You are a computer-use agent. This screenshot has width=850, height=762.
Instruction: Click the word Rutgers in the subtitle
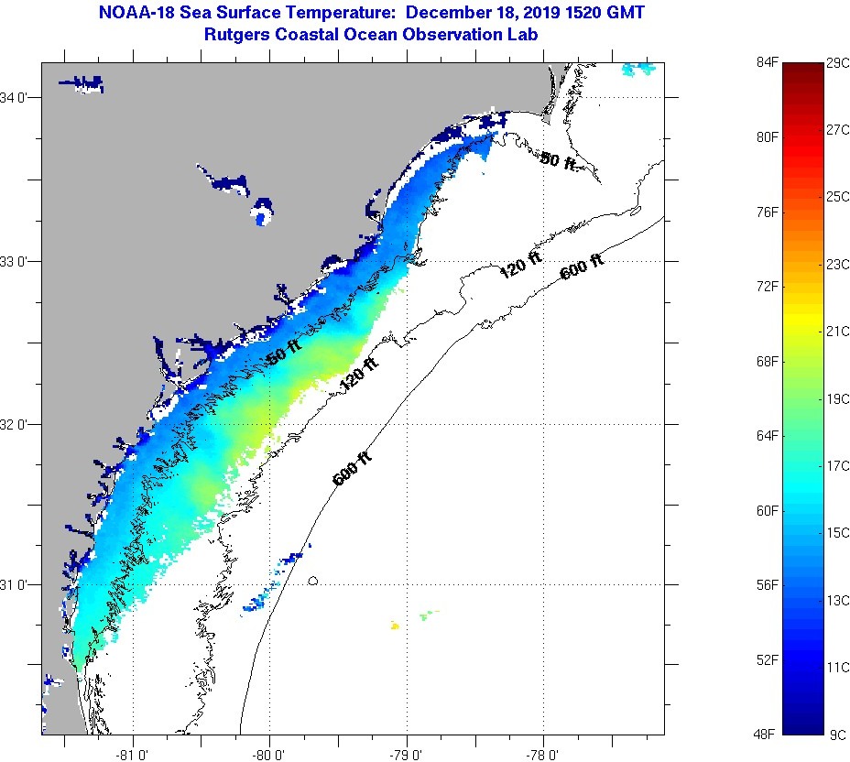(x=243, y=34)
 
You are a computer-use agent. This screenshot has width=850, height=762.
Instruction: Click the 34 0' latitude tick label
(x=19, y=97)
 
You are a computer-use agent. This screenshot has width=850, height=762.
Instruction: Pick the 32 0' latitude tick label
(x=19, y=424)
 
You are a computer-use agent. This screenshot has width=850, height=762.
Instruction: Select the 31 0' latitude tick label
(x=19, y=584)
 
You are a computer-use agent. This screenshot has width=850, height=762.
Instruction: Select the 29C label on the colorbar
(x=838, y=62)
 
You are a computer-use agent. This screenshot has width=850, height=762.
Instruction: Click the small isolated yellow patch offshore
(x=395, y=626)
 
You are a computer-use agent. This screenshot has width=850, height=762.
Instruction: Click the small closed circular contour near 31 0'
(x=313, y=580)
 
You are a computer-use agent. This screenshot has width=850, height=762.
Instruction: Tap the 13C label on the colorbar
(x=838, y=600)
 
